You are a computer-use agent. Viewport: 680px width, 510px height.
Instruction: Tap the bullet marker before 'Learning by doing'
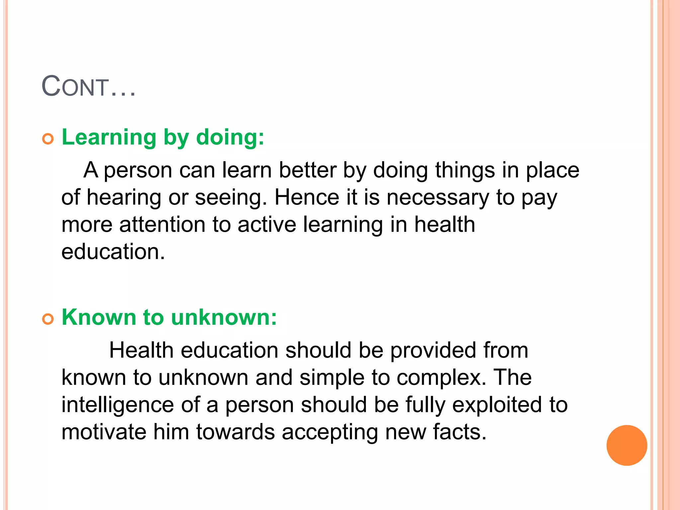(48, 139)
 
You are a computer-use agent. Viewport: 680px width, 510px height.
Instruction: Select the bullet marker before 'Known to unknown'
(48, 319)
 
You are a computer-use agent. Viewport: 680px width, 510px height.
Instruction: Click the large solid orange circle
(627, 445)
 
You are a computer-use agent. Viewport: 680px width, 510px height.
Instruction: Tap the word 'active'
(267, 225)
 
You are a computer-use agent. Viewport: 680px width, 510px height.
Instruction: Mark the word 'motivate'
(104, 432)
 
